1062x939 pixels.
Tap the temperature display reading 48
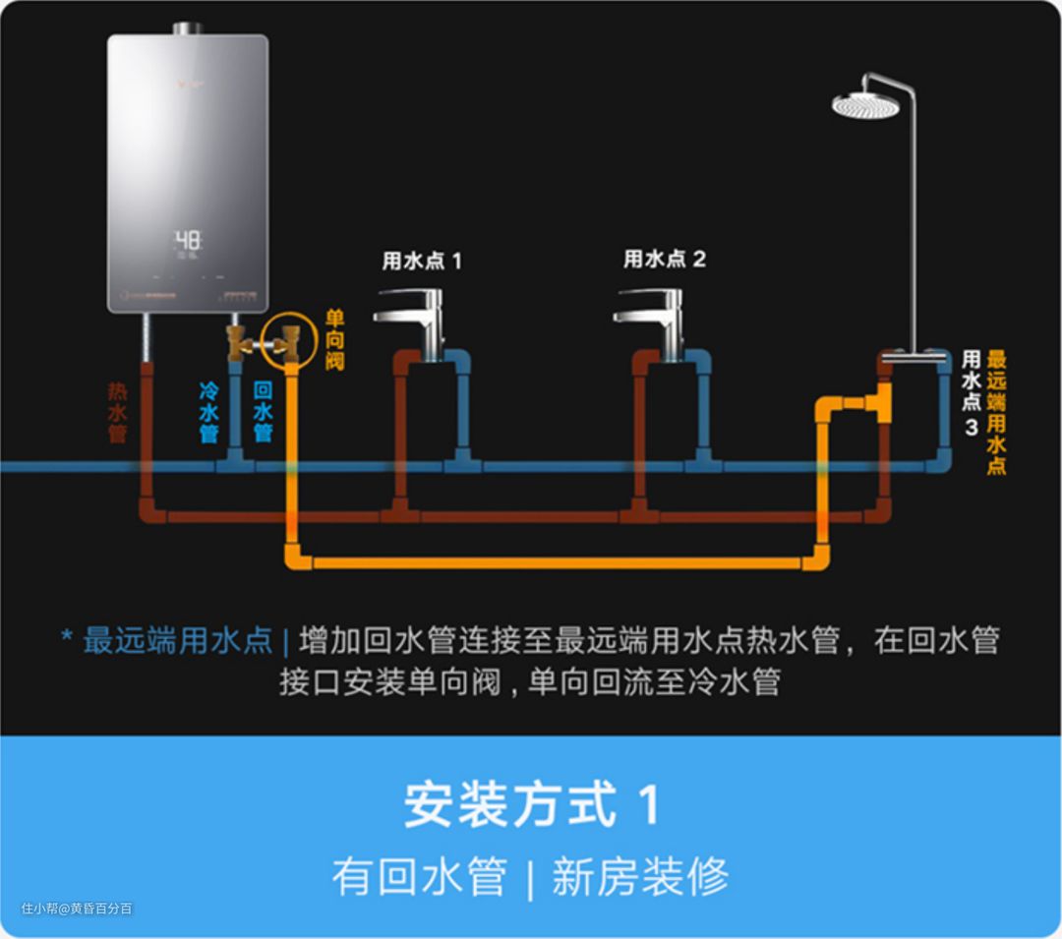(x=188, y=241)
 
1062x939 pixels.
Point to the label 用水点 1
(x=421, y=261)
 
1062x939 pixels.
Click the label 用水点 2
(x=665, y=259)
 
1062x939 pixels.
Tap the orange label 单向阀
(x=335, y=340)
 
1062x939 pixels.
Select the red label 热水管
(x=118, y=411)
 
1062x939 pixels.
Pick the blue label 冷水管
(x=208, y=411)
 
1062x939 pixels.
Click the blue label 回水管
(x=262, y=411)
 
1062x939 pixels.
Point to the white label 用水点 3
(x=971, y=392)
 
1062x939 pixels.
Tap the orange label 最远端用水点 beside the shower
(x=996, y=412)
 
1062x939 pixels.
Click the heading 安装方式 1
(x=531, y=803)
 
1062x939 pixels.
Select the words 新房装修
(x=640, y=876)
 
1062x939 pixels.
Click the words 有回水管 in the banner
(x=420, y=876)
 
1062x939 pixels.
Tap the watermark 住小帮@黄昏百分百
(x=77, y=909)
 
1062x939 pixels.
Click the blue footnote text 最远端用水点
(x=177, y=640)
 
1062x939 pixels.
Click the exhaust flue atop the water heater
(x=188, y=29)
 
